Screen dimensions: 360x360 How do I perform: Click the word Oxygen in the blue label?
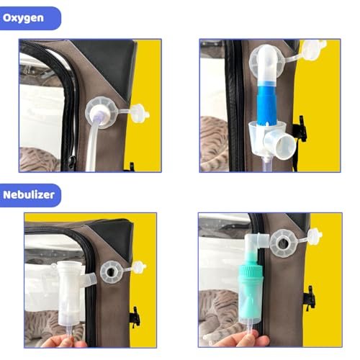(23, 18)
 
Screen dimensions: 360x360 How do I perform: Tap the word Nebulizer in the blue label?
(29, 194)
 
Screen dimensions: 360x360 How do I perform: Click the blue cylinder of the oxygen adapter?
(267, 102)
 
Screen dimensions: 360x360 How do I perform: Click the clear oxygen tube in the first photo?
(92, 146)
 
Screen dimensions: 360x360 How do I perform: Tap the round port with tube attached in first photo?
(102, 113)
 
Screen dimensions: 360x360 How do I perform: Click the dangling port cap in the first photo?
(140, 113)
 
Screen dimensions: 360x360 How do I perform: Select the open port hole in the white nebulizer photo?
(111, 272)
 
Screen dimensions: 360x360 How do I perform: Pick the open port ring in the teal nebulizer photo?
(284, 243)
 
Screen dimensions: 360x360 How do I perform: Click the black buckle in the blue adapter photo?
(300, 129)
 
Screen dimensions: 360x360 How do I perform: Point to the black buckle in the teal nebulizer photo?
(310, 298)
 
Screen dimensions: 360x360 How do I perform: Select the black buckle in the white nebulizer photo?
(135, 318)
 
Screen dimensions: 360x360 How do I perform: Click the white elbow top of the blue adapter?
(267, 63)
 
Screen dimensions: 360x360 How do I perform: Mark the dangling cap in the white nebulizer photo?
(139, 267)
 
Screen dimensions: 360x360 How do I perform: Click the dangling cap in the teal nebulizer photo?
(315, 236)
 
